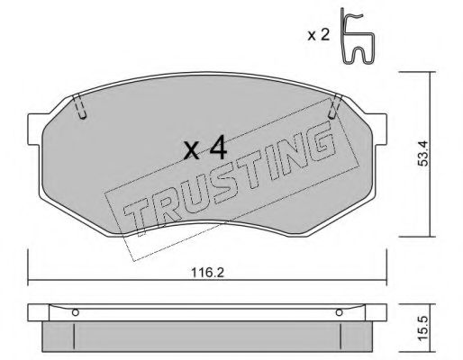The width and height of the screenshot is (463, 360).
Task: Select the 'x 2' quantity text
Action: click(319, 36)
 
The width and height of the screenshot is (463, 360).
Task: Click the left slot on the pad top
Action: click(80, 109)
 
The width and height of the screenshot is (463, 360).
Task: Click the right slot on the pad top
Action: click(336, 111)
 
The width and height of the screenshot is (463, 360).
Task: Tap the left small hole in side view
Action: click(76, 314)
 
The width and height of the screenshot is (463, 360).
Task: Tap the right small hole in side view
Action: click(340, 314)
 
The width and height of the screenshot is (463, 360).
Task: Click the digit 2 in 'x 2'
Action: click(325, 36)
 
